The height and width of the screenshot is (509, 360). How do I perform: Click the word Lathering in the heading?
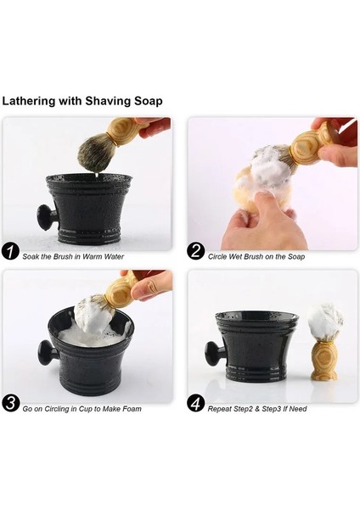(x=29, y=101)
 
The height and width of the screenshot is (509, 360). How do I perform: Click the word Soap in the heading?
(x=148, y=101)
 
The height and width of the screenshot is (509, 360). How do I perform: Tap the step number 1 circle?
(x=11, y=252)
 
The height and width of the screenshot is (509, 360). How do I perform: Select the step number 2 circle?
(x=196, y=252)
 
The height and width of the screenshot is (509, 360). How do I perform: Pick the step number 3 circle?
(x=11, y=404)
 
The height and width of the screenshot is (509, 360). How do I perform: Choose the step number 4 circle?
(x=196, y=404)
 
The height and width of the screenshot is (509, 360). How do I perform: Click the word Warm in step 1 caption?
(x=93, y=256)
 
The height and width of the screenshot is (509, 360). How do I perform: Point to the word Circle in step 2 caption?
(x=217, y=256)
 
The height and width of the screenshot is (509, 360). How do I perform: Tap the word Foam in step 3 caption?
(x=131, y=408)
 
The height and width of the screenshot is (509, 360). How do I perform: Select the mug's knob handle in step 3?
(x=46, y=352)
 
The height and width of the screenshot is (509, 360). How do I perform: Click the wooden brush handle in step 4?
(x=323, y=361)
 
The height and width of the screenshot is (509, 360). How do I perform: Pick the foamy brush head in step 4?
(x=325, y=322)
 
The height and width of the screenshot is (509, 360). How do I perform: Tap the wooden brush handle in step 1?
(x=123, y=131)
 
